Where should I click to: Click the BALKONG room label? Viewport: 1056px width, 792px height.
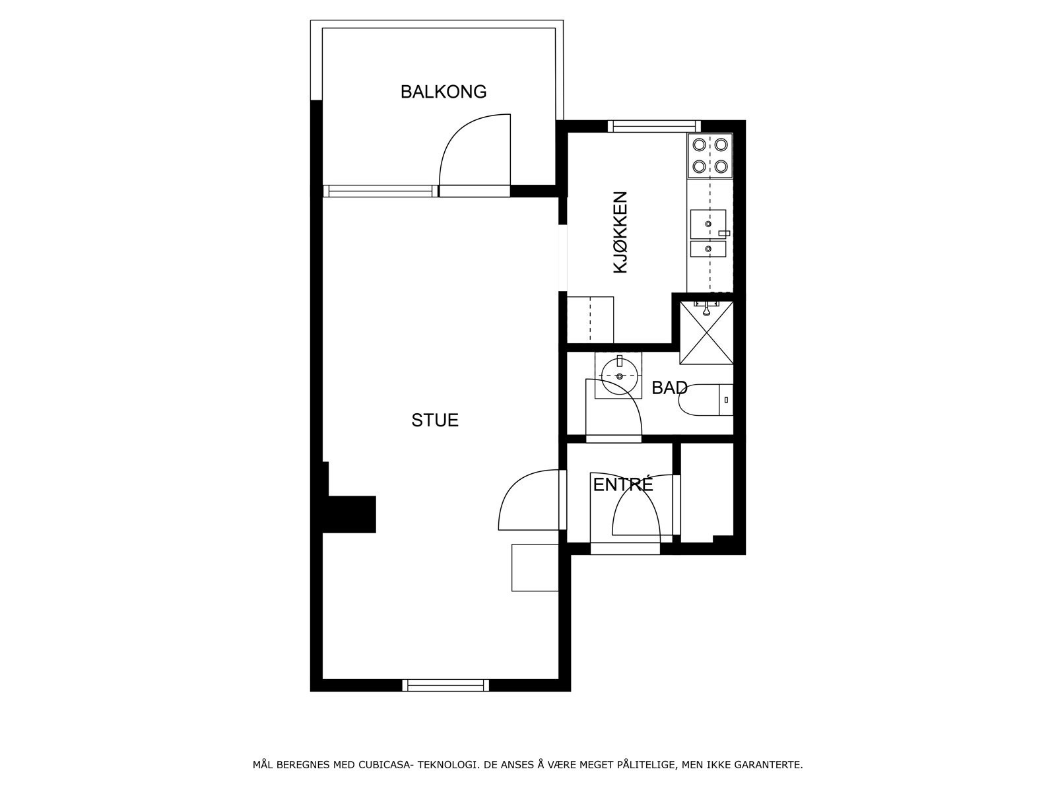(443, 91)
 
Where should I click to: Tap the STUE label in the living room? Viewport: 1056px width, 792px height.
(435, 420)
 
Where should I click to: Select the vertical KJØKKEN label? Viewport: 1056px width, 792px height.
(620, 233)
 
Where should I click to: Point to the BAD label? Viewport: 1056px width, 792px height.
(669, 388)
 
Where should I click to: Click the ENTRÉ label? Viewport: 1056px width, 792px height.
(623, 484)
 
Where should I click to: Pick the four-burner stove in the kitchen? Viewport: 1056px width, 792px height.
(709, 155)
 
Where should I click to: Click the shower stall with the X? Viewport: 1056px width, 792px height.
(706, 332)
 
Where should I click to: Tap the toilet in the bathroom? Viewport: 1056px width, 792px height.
(706, 399)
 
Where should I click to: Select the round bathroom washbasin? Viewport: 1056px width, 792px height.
(619, 376)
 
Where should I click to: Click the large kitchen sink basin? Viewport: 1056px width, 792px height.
(708, 224)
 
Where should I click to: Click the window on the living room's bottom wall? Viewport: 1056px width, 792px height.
(445, 685)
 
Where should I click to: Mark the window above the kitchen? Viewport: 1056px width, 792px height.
(654, 126)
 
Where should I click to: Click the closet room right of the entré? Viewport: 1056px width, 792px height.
(707, 492)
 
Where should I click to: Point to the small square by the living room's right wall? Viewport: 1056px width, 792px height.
(535, 568)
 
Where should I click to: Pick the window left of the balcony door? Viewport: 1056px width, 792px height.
(381, 191)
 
